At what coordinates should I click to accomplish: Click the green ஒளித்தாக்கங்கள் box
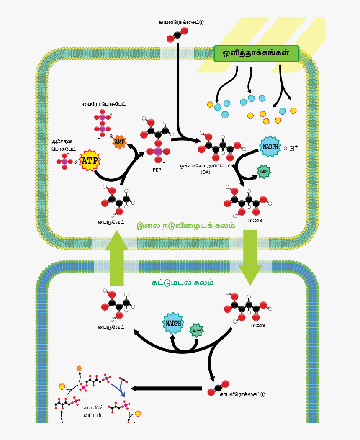(x=256, y=54)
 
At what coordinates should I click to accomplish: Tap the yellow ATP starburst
(x=89, y=160)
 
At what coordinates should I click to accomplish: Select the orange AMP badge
(x=119, y=142)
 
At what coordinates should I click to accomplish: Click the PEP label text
(x=157, y=170)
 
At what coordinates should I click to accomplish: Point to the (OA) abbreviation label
(x=205, y=172)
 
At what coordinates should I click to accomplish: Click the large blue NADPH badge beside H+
(x=270, y=147)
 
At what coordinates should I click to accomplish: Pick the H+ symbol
(x=294, y=148)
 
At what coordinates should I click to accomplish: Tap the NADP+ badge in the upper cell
(x=264, y=171)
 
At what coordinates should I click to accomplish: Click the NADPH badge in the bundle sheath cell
(x=173, y=323)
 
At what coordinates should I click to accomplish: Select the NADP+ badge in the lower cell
(x=196, y=330)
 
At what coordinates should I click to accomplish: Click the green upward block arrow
(x=117, y=259)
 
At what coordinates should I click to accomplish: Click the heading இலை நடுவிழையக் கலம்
(x=186, y=226)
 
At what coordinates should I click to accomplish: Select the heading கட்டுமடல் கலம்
(x=183, y=283)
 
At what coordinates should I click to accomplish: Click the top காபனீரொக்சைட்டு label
(x=181, y=22)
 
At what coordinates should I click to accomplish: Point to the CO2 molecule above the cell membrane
(x=177, y=35)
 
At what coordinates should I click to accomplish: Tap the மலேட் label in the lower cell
(x=260, y=325)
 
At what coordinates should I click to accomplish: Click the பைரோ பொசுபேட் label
(x=104, y=104)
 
